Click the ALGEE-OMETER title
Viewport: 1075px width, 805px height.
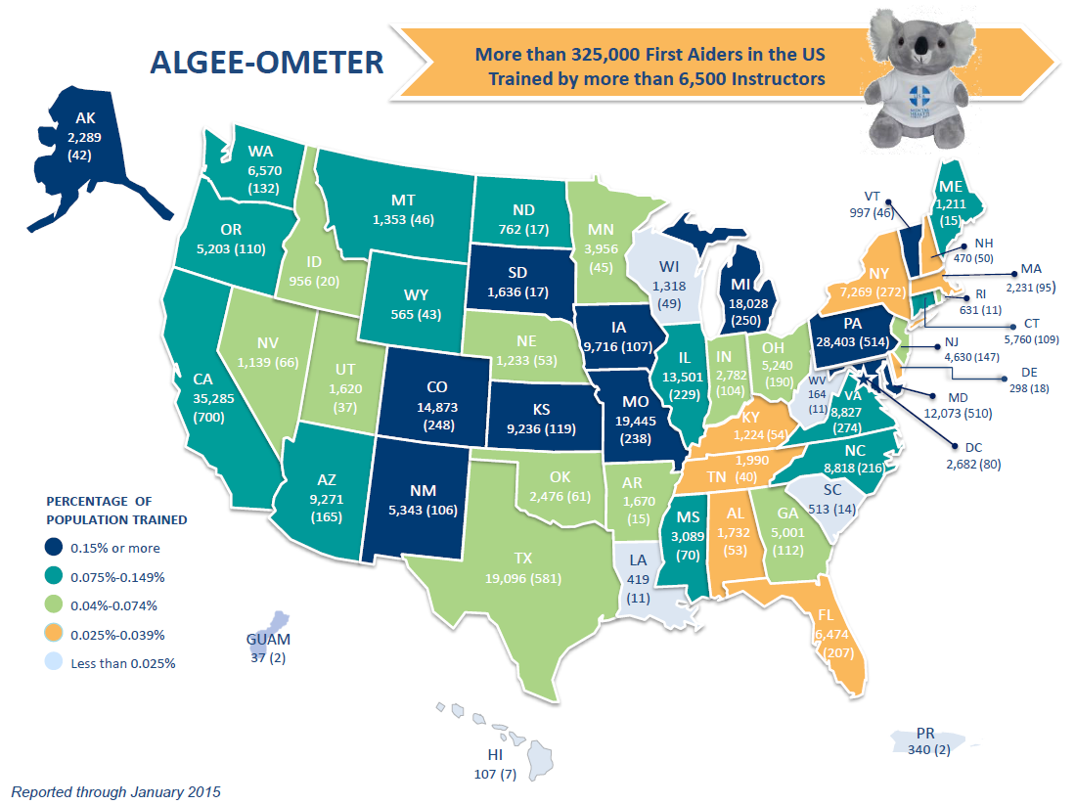pyautogui.click(x=267, y=64)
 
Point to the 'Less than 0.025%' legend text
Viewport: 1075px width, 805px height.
pyautogui.click(x=123, y=664)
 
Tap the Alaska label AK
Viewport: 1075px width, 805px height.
pyautogui.click(x=86, y=118)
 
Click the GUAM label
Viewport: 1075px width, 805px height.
pyautogui.click(x=267, y=639)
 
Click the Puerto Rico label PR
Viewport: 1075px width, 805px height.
pyautogui.click(x=926, y=733)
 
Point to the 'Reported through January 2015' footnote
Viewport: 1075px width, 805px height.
pyautogui.click(x=115, y=790)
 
